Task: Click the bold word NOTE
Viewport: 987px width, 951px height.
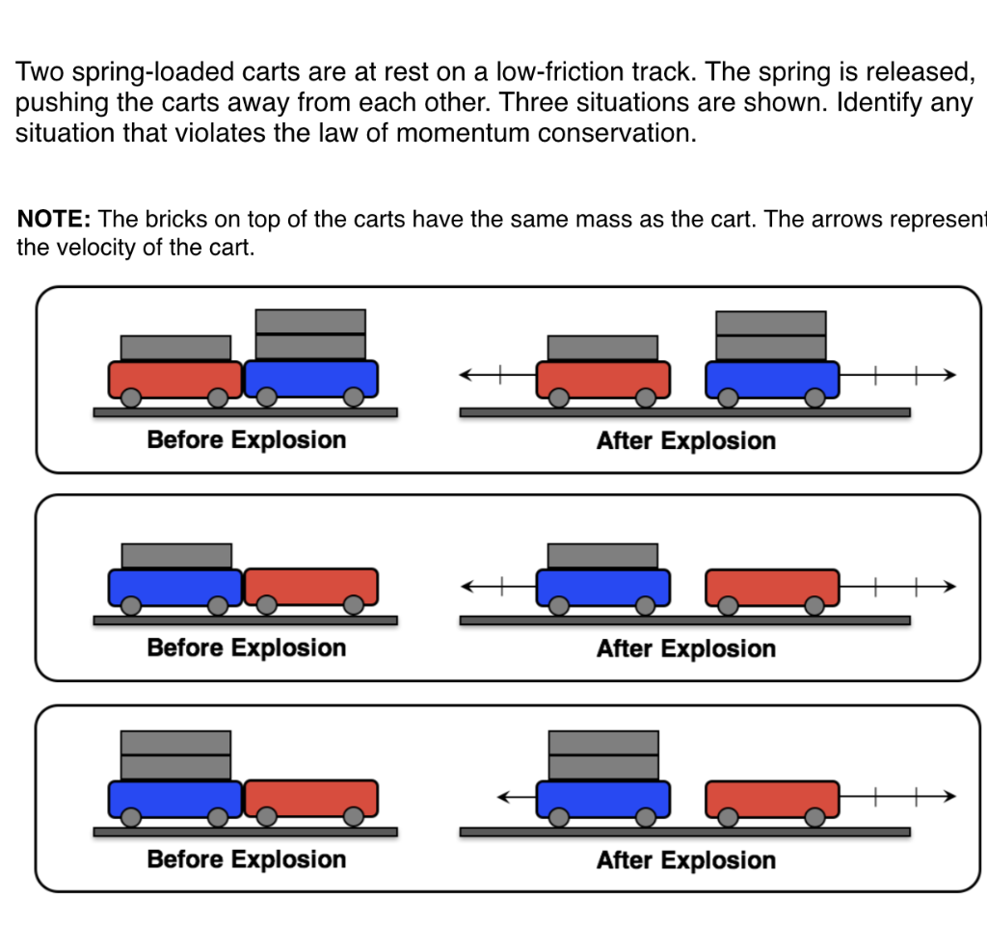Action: pyautogui.click(x=54, y=220)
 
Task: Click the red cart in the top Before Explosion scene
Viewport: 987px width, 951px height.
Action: pyautogui.click(x=174, y=379)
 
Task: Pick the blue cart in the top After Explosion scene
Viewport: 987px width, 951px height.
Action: pyautogui.click(x=772, y=379)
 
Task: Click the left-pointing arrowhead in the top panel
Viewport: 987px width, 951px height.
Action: pyautogui.click(x=466, y=376)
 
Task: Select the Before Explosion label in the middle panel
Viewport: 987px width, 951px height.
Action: pyautogui.click(x=246, y=647)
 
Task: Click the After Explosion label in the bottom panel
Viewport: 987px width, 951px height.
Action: pyautogui.click(x=685, y=860)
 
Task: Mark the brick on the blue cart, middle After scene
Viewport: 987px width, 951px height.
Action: pyautogui.click(x=602, y=556)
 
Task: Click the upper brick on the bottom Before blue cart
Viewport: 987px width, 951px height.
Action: pyautogui.click(x=175, y=742)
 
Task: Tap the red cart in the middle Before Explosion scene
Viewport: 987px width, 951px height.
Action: pyautogui.click(x=310, y=586)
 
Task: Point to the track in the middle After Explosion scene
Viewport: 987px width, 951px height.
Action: pyautogui.click(x=684, y=621)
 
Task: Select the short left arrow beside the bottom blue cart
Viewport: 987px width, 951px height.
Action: pyautogui.click(x=516, y=797)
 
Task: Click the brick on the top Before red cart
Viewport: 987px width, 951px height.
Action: pyautogui.click(x=175, y=347)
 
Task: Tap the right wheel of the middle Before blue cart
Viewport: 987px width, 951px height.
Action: pyautogui.click(x=219, y=605)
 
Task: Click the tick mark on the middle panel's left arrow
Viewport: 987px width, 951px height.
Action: pyautogui.click(x=501, y=585)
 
